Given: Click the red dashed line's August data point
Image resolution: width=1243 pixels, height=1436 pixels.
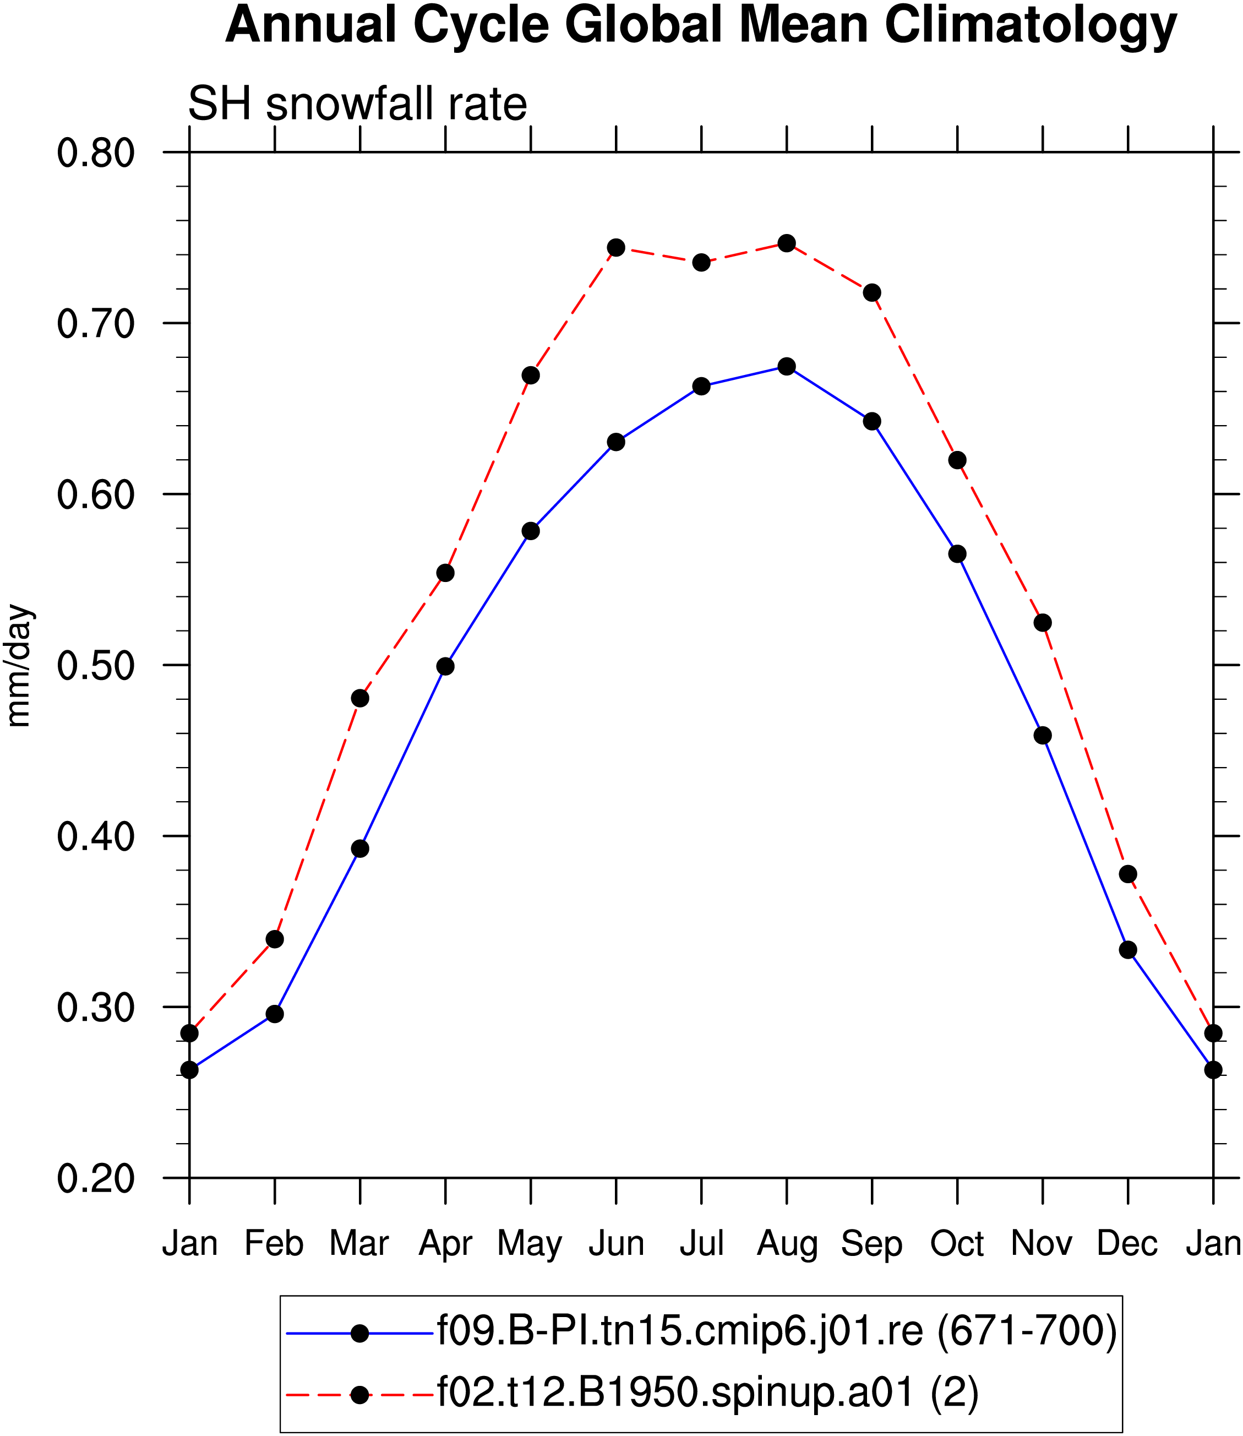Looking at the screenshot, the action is pyautogui.click(x=787, y=243).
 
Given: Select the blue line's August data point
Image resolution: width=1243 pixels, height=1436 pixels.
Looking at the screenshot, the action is pyautogui.click(x=787, y=366).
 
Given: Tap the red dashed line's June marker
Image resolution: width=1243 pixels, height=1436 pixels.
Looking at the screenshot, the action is pyautogui.click(x=616, y=248).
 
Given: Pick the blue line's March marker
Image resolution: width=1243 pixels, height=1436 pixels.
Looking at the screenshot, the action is pyautogui.click(x=360, y=848).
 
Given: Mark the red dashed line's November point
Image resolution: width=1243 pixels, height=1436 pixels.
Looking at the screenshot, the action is pyautogui.click(x=1043, y=622).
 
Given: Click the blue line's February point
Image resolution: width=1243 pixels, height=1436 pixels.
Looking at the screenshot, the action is pyautogui.click(x=275, y=1014).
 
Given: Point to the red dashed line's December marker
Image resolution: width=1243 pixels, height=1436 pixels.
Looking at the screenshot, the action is pyautogui.click(x=1128, y=873).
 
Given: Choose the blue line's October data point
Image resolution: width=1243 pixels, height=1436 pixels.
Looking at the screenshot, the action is pyautogui.click(x=957, y=553).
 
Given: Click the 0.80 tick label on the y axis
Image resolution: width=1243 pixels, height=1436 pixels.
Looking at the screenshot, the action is pyautogui.click(x=96, y=153).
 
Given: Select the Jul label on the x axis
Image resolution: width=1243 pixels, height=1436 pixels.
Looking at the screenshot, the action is pyautogui.click(x=701, y=1243).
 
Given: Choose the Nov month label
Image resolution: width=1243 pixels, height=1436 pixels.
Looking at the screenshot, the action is pyautogui.click(x=1042, y=1243).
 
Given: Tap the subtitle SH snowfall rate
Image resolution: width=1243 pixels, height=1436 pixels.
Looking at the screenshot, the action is pyautogui.click(x=358, y=104).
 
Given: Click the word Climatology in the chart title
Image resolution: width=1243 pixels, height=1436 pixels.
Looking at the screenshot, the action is pyautogui.click(x=1031, y=26).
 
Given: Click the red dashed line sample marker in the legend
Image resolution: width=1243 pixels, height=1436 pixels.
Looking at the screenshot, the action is pyautogui.click(x=360, y=1395).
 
